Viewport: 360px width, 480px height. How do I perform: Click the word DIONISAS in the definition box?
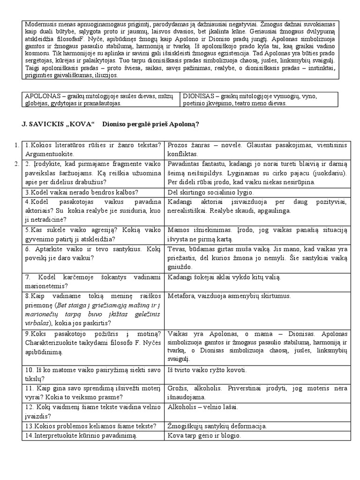(x=198, y=96)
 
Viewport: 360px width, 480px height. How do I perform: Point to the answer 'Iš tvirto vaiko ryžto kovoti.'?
(x=207, y=370)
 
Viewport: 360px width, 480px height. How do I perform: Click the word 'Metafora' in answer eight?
(x=181, y=296)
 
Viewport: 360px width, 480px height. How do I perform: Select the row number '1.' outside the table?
(x=16, y=145)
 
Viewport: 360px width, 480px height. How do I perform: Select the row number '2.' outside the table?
(x=16, y=164)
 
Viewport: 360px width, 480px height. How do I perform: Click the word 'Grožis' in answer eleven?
(x=178, y=388)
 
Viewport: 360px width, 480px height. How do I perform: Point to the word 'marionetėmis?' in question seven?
(x=47, y=286)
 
